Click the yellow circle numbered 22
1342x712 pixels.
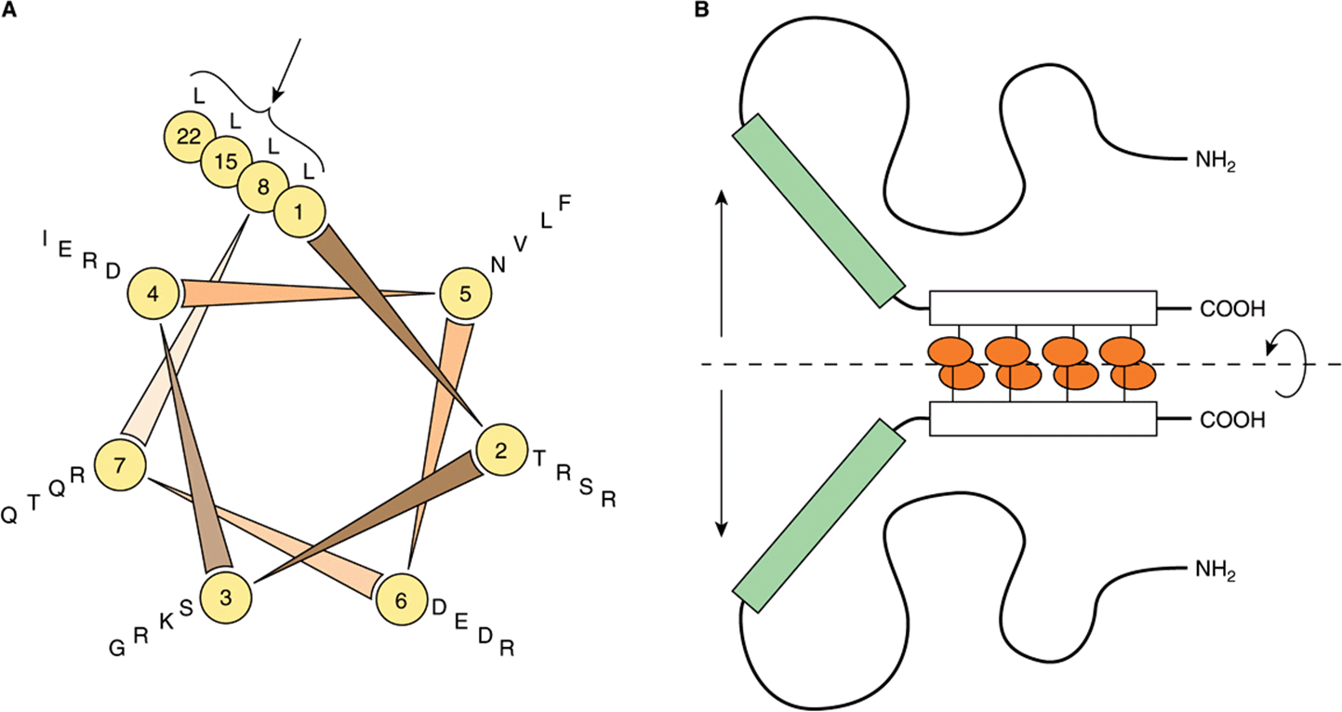click(x=189, y=137)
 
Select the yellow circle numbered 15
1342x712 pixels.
click(x=226, y=161)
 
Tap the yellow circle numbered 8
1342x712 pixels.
click(x=263, y=186)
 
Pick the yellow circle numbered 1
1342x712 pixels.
click(x=299, y=211)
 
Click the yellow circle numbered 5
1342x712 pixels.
click(x=466, y=294)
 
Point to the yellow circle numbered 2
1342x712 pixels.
click(x=501, y=450)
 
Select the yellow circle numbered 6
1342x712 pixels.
click(x=402, y=600)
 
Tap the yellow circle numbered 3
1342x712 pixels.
click(x=226, y=597)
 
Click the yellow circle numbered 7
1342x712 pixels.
click(x=120, y=465)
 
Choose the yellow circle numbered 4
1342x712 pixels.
click(x=153, y=294)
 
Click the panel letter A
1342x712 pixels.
click(x=9, y=10)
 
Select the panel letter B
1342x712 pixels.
click(x=701, y=10)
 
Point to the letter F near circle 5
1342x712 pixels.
click(x=565, y=204)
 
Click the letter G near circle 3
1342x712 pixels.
click(x=117, y=648)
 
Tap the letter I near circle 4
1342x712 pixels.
click(x=45, y=238)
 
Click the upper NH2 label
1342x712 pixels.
click(x=1215, y=161)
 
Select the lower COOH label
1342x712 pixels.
click(x=1232, y=420)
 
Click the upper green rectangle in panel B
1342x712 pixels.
click(x=818, y=210)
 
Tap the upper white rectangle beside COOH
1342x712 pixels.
click(x=1043, y=308)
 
